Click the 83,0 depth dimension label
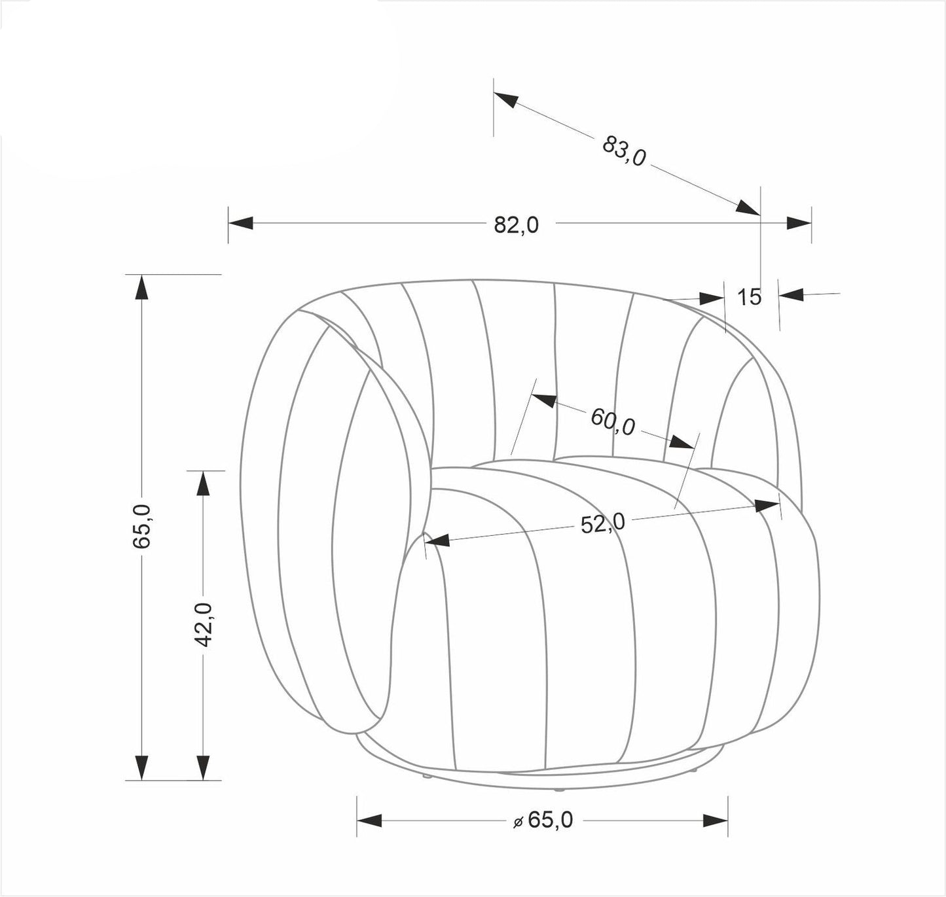[x=624, y=150]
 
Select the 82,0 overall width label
[x=517, y=224]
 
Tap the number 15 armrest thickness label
[x=749, y=297]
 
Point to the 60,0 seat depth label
[x=613, y=422]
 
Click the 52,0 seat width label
[x=603, y=523]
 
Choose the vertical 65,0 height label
[x=143, y=527]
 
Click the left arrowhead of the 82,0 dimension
[x=240, y=223]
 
